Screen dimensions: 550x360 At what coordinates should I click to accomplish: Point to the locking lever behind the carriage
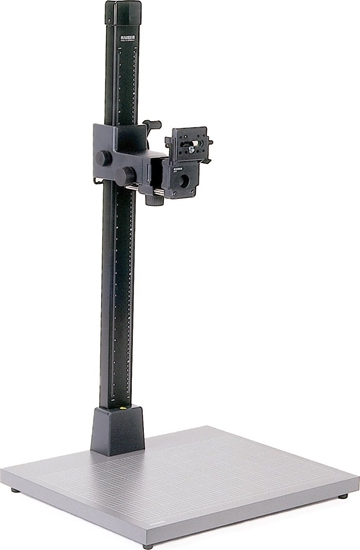click(x=152, y=125)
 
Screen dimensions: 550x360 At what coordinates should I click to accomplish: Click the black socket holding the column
click(x=116, y=430)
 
